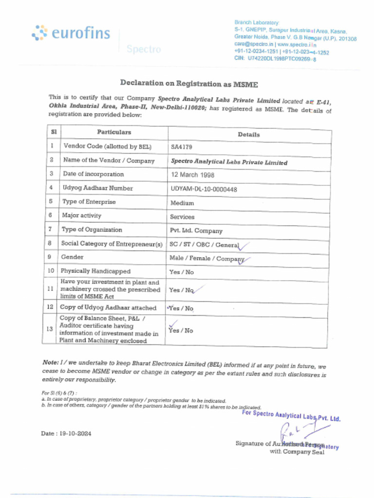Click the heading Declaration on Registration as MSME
pyautogui.click(x=189, y=83)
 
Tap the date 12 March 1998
pyautogui.click(x=192, y=175)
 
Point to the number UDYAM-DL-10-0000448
pyautogui.click(x=204, y=189)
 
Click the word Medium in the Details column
pyautogui.click(x=182, y=203)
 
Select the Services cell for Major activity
pyautogui.click(x=182, y=217)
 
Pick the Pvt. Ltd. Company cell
pyautogui.click(x=196, y=231)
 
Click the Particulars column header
pyautogui.click(x=114, y=132)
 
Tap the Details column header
pyautogui.click(x=248, y=134)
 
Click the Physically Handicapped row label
pyautogui.click(x=95, y=271)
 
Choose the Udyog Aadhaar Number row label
pyautogui.click(x=97, y=188)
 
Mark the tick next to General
pyautogui.click(x=244, y=246)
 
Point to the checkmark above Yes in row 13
pyautogui.click(x=172, y=322)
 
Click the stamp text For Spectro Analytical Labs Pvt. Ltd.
pyautogui.click(x=291, y=416)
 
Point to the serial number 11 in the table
pyautogui.click(x=50, y=288)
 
